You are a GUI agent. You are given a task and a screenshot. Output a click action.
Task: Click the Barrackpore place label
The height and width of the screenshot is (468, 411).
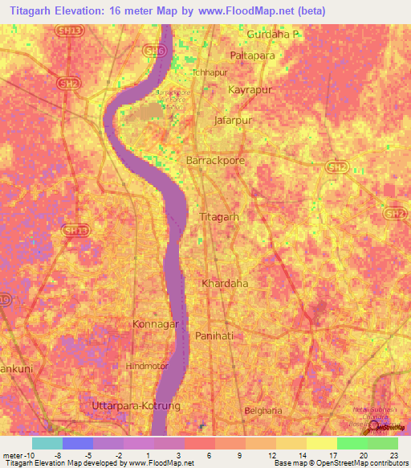pyautogui.click(x=215, y=161)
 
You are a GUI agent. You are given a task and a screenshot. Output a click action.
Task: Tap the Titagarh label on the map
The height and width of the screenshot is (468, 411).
pyautogui.click(x=219, y=217)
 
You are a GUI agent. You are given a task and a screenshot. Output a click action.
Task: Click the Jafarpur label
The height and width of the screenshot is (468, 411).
pyautogui.click(x=234, y=120)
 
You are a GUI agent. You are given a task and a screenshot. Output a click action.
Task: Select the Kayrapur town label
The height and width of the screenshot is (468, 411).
pyautogui.click(x=246, y=90)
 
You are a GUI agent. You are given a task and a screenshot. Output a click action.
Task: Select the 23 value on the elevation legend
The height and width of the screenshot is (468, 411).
pyautogui.click(x=393, y=454)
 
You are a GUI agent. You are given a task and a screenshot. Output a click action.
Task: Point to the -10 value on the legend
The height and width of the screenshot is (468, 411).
pyautogui.click(x=18, y=454)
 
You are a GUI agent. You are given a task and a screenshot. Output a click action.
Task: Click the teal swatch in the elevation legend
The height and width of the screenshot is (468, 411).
pyautogui.click(x=47, y=443)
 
